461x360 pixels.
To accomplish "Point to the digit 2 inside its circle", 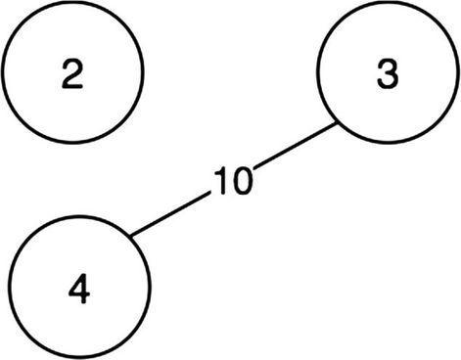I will [x=73, y=75].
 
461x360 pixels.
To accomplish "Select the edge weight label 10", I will [x=232, y=181].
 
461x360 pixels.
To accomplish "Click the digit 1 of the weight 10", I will [x=220, y=181].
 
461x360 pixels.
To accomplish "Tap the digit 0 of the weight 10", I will [x=241, y=181].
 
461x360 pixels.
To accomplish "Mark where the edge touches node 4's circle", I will [x=131, y=235].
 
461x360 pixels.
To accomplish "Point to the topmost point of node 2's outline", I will [x=73, y=4].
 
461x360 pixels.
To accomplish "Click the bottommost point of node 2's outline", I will [x=73, y=145].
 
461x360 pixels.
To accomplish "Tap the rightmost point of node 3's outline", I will [x=458, y=75].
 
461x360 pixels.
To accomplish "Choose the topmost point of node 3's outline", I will [x=388, y=5].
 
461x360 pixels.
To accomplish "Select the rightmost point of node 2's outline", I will [x=144, y=74].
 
